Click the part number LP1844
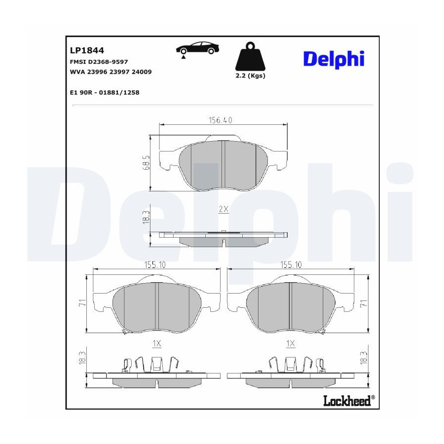[87, 50]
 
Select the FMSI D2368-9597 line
[99, 62]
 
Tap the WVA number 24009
[142, 72]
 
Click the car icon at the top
[198, 49]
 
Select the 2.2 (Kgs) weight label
[250, 76]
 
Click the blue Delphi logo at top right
[334, 59]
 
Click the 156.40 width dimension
[221, 120]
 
